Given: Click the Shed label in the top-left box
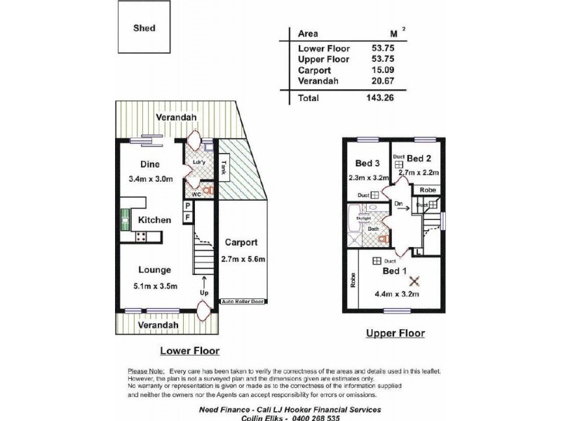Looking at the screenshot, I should [144, 29].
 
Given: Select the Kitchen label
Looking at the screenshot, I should [154, 220].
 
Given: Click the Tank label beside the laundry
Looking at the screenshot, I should [224, 168].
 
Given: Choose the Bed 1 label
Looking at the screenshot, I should [394, 271].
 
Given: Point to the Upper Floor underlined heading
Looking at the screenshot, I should [396, 333].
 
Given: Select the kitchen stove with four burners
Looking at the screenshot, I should [140, 236].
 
